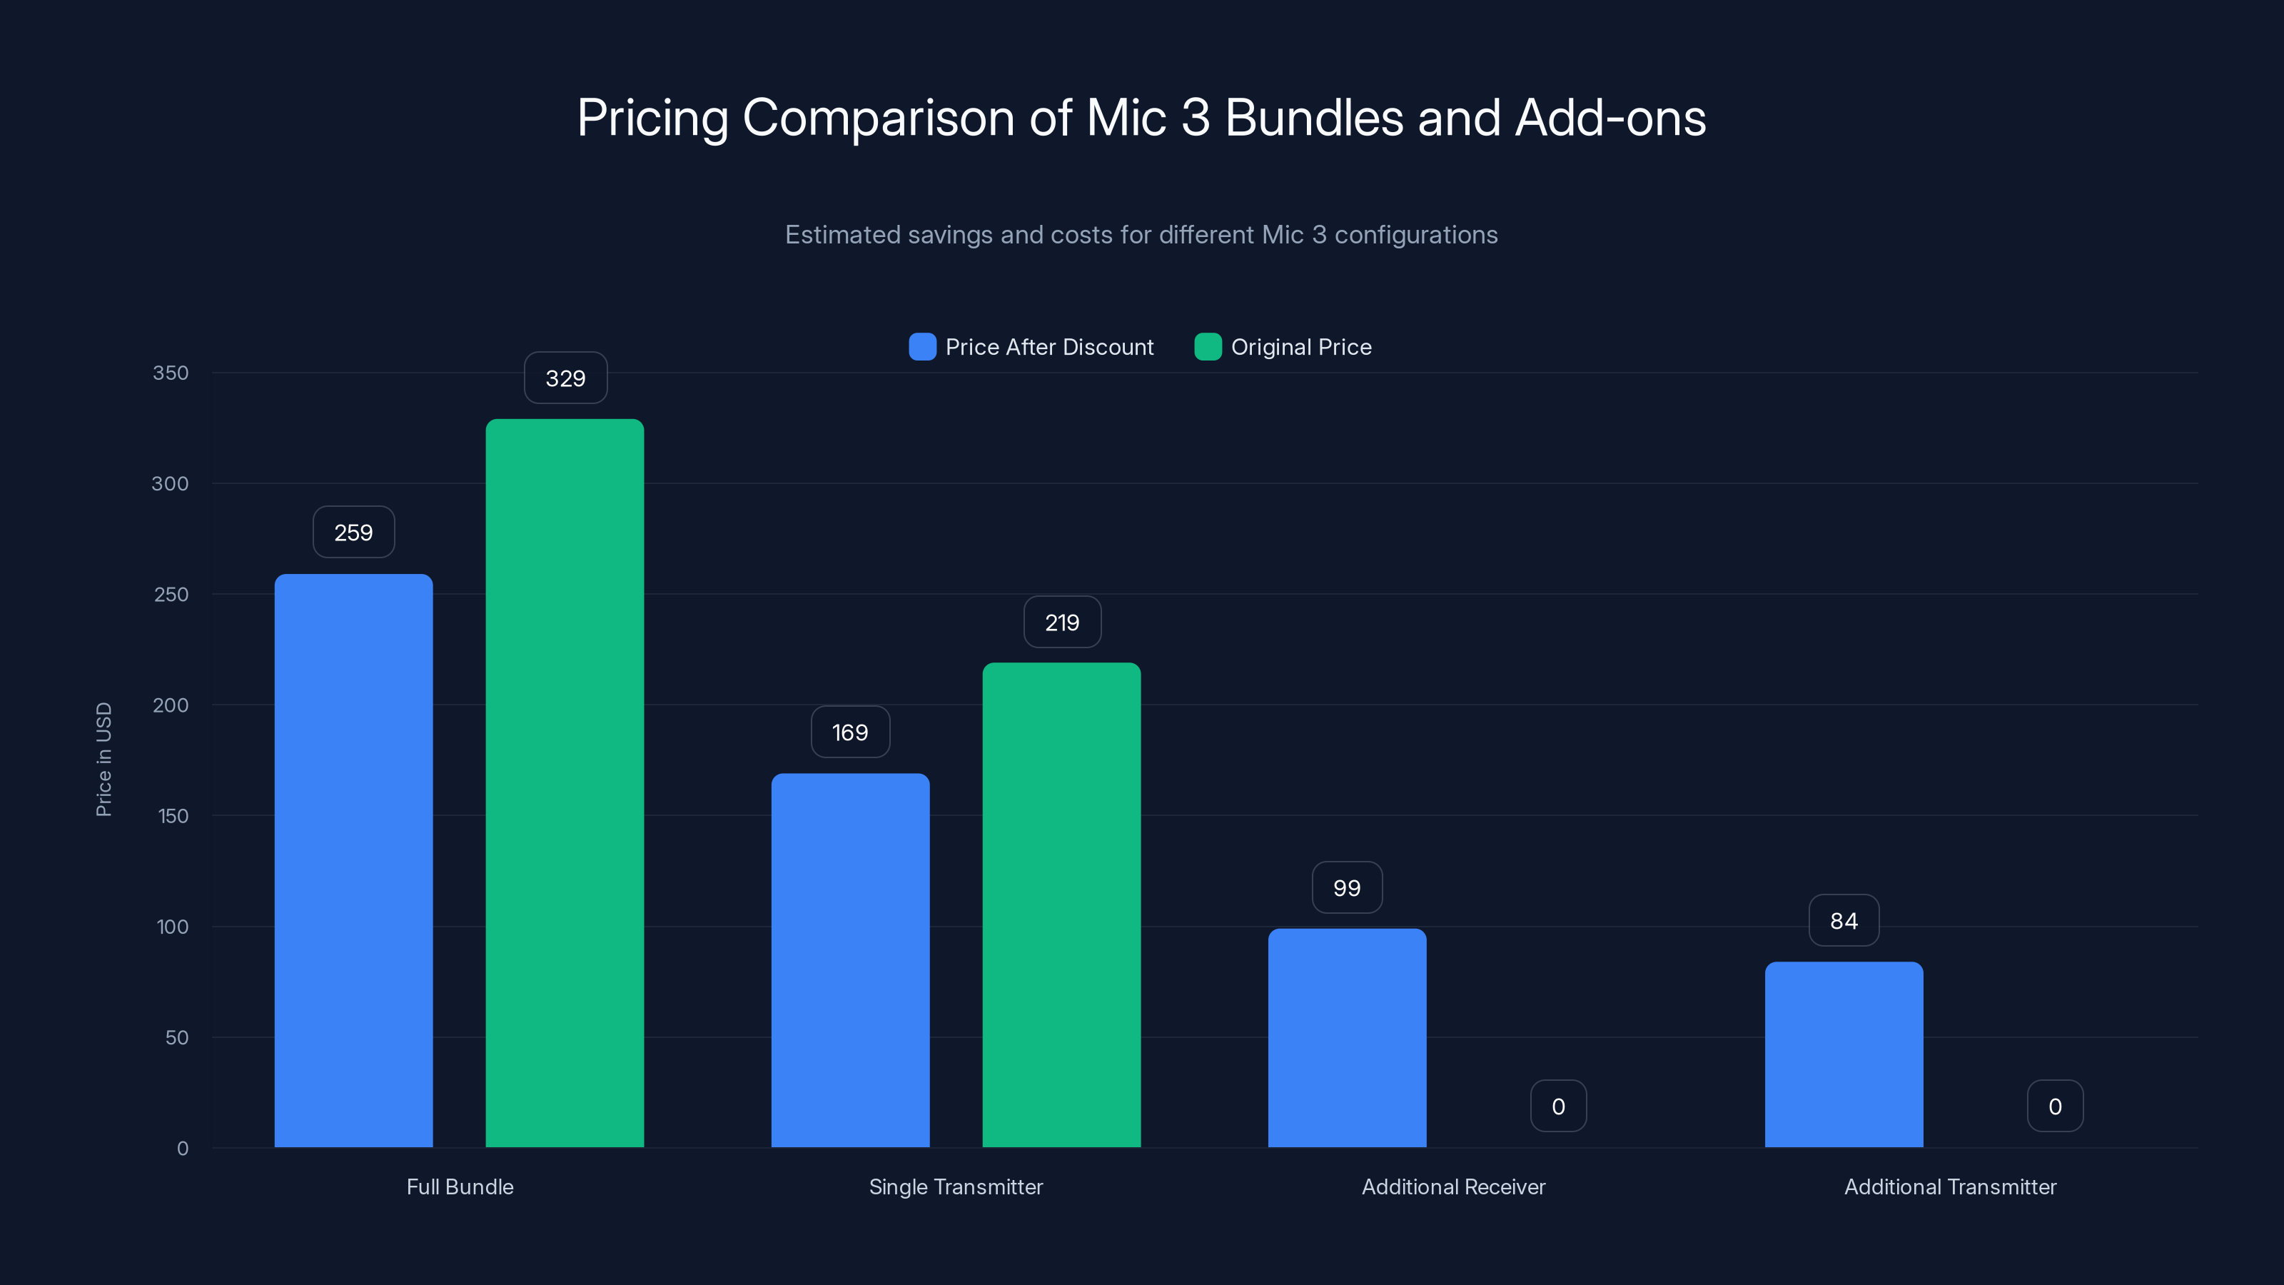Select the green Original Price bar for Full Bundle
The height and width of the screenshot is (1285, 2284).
(565, 782)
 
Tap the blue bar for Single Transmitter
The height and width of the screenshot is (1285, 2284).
(850, 959)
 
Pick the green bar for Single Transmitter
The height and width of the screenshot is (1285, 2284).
(1061, 904)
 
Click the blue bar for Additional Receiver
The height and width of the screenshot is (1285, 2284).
(1347, 1037)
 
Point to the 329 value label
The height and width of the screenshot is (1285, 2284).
(566, 378)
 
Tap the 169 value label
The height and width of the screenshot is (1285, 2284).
(850, 732)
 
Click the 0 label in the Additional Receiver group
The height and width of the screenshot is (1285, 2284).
(1558, 1107)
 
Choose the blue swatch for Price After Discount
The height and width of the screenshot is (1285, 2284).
(922, 347)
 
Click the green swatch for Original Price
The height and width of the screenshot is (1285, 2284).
(1208, 347)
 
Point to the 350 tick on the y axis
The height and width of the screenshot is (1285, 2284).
(171, 373)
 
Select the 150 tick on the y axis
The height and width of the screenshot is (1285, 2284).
(173, 816)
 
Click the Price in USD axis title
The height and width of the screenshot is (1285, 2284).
(103, 759)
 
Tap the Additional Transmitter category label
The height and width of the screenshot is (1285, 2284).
(1950, 1187)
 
